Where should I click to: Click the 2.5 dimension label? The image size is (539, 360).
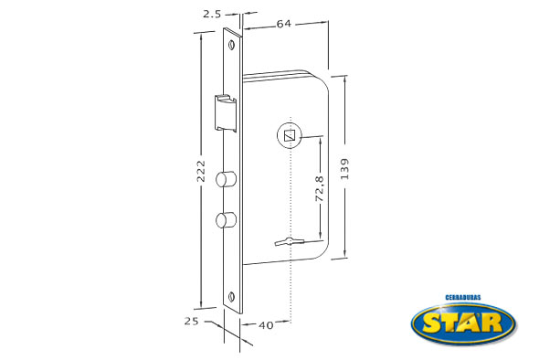pyautogui.click(x=212, y=15)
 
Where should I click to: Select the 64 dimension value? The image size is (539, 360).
pyautogui.click(x=284, y=24)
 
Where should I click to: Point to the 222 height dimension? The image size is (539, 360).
pyautogui.click(x=200, y=171)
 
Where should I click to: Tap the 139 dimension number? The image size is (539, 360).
pyautogui.click(x=344, y=168)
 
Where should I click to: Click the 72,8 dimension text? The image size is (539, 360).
pyautogui.click(x=320, y=188)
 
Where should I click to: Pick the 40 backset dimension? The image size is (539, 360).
pyautogui.click(x=266, y=325)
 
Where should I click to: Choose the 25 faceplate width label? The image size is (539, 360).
pyautogui.click(x=192, y=321)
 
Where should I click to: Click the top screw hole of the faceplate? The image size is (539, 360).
pyautogui.click(x=232, y=45)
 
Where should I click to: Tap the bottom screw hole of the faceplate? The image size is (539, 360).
pyautogui.click(x=232, y=296)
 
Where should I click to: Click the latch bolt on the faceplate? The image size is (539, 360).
pyautogui.click(x=226, y=113)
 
